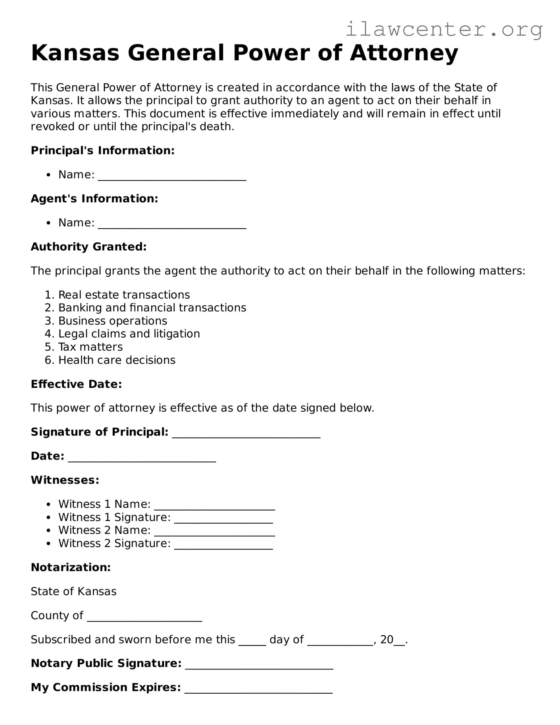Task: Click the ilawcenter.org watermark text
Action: click(444, 29)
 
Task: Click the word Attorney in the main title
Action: click(404, 53)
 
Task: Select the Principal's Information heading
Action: click(103, 150)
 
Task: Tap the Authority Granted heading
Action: click(89, 247)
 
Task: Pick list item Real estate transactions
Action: click(124, 295)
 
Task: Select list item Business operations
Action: click(113, 321)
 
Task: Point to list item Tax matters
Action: click(90, 347)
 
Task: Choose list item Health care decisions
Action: click(117, 360)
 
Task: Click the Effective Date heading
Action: click(76, 384)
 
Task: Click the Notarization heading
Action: click(71, 567)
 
